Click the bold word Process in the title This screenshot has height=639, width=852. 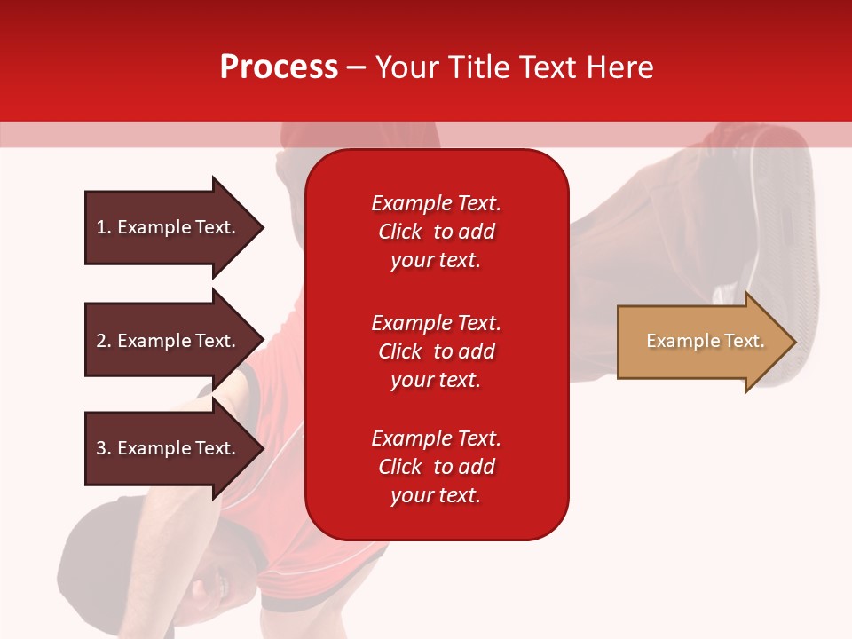click(279, 67)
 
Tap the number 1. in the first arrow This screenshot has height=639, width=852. click(104, 227)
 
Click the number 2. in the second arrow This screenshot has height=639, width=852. click(104, 341)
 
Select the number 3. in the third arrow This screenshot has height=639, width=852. click(104, 448)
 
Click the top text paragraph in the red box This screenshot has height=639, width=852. click(436, 232)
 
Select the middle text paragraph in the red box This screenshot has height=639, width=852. click(436, 351)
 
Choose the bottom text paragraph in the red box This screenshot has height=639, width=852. click(436, 467)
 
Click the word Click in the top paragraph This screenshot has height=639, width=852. click(399, 232)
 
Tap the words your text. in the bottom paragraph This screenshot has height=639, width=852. click(436, 495)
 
